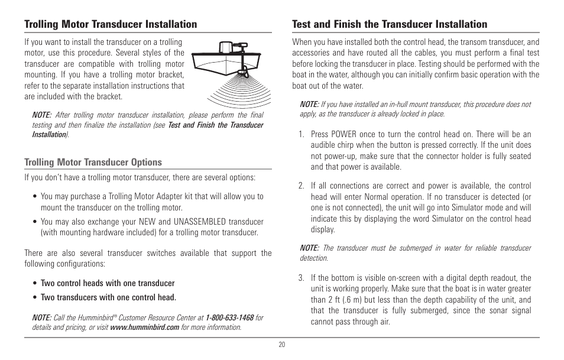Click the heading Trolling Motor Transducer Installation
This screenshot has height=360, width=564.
111,24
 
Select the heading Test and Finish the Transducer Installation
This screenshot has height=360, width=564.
390,24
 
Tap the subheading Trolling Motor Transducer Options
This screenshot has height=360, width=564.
93,162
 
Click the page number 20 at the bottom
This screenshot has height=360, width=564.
282,345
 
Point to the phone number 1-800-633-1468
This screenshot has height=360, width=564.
229,317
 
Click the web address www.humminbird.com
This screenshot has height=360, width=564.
144,327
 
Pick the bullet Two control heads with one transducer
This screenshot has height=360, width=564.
108,283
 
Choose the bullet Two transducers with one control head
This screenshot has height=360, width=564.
108,297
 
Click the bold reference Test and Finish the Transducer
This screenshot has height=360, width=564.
215,125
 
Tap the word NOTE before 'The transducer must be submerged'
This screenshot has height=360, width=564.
309,248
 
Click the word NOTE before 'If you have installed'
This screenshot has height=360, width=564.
309,104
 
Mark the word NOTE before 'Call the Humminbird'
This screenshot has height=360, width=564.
41,317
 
